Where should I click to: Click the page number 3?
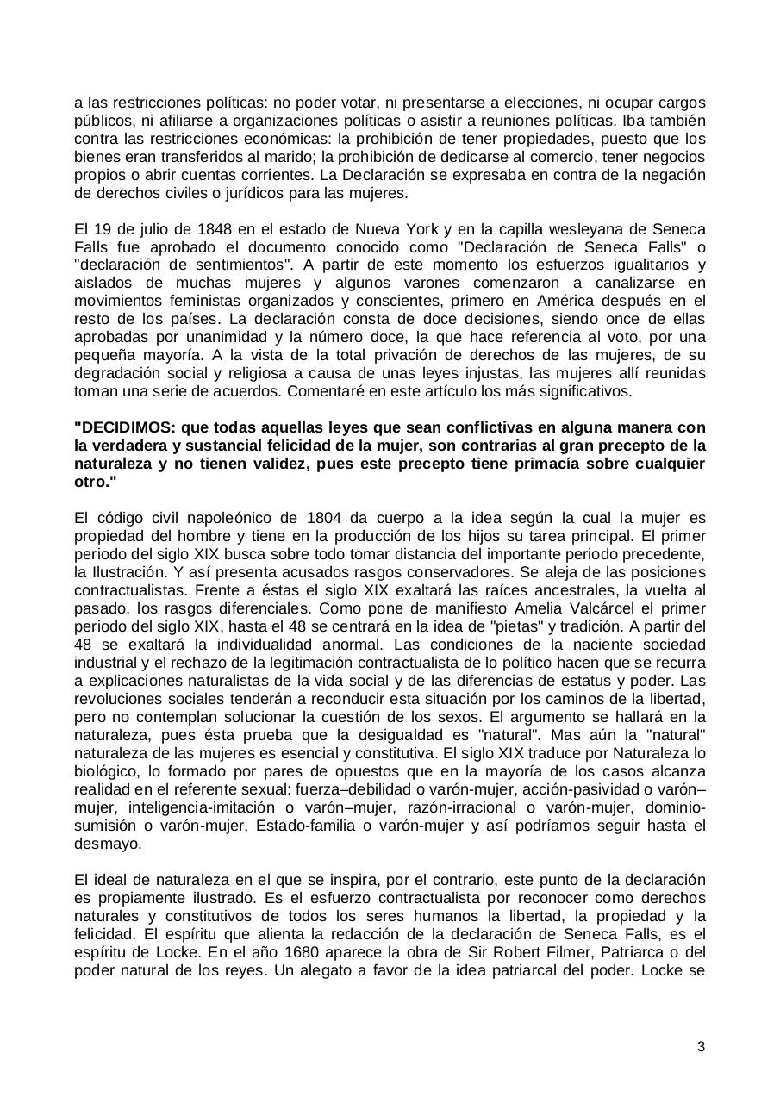pos(701,1047)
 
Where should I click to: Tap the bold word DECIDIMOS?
pos(124,427)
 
